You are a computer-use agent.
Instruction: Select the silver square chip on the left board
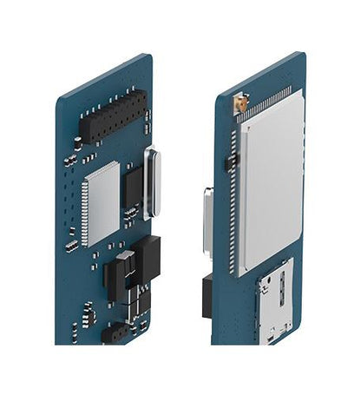tap(101, 201)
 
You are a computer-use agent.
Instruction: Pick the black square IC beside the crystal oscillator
tap(133, 187)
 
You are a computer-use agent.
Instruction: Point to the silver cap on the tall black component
tap(127, 258)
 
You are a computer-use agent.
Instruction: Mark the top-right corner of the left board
tap(150, 57)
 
